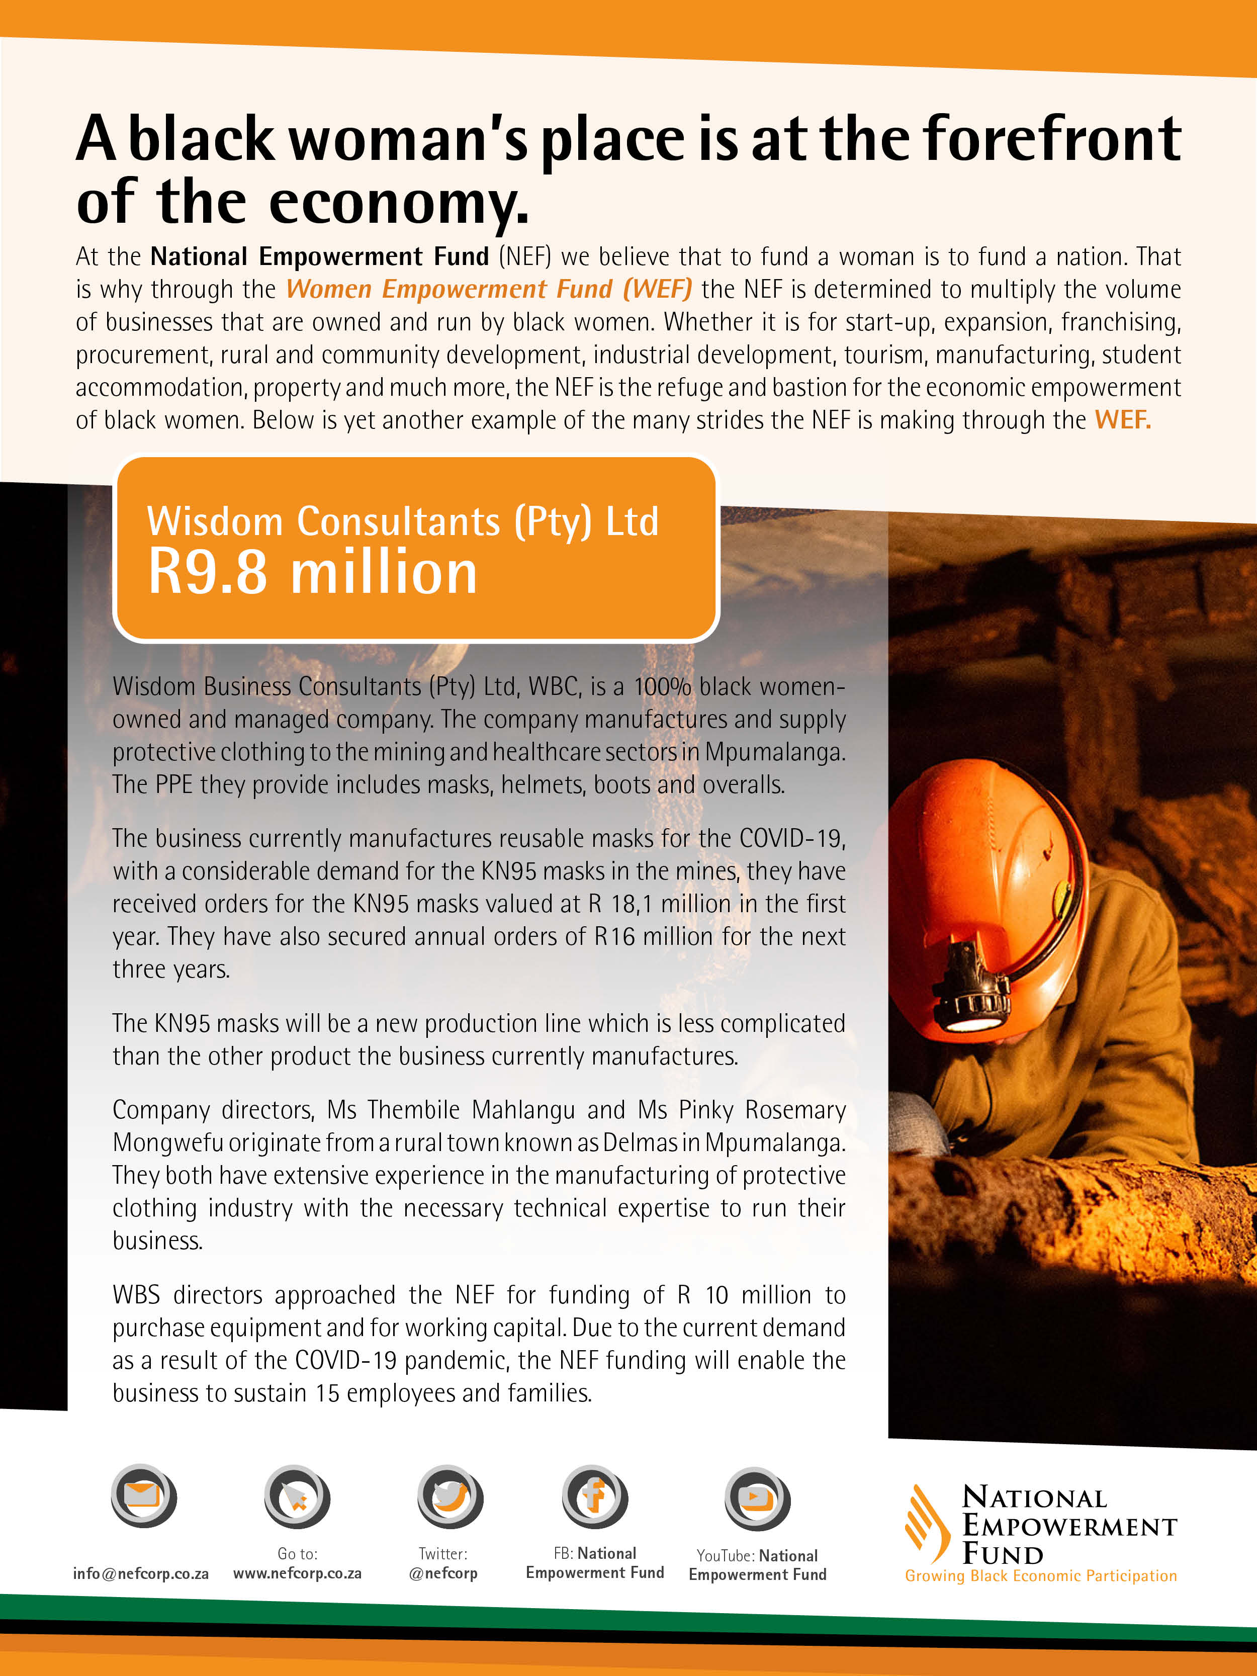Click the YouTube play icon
pos(757,1498)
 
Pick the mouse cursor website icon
pos(296,1496)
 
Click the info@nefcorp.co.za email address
pos(141,1574)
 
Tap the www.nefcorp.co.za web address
pos(297,1574)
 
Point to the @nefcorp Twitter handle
pos(443,1574)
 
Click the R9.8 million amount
pos(312,572)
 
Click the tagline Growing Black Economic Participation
pos(1040,1576)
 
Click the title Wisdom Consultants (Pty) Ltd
pos(402,521)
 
